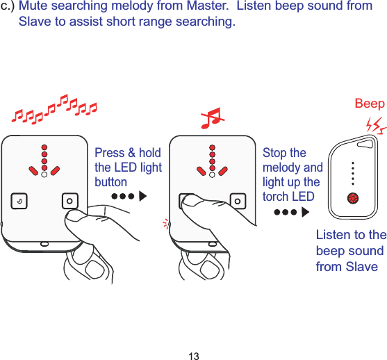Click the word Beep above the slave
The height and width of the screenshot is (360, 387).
click(369, 104)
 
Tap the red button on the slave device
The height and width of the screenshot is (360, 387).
click(353, 198)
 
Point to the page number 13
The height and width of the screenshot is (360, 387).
click(193, 356)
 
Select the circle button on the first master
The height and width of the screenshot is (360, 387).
click(69, 202)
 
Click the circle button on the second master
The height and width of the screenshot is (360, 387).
click(238, 202)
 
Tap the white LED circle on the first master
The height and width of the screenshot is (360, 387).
click(44, 176)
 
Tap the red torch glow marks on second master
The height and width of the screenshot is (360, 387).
click(167, 223)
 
